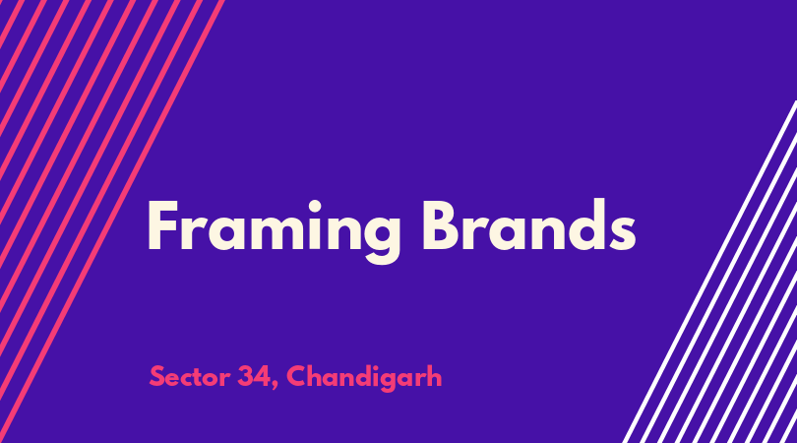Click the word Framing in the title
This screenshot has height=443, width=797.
(274, 231)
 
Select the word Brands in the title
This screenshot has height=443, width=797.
(529, 224)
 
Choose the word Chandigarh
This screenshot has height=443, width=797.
(364, 378)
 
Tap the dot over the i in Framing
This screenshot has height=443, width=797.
(315, 207)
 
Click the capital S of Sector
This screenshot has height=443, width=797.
(157, 377)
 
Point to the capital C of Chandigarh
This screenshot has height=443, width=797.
(296, 377)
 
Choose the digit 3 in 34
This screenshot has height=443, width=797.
(245, 377)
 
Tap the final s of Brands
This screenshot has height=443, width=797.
(624, 233)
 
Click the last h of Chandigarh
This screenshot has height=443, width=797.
(435, 376)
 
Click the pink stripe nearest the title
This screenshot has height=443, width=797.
(112, 221)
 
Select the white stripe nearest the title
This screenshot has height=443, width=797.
(709, 272)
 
